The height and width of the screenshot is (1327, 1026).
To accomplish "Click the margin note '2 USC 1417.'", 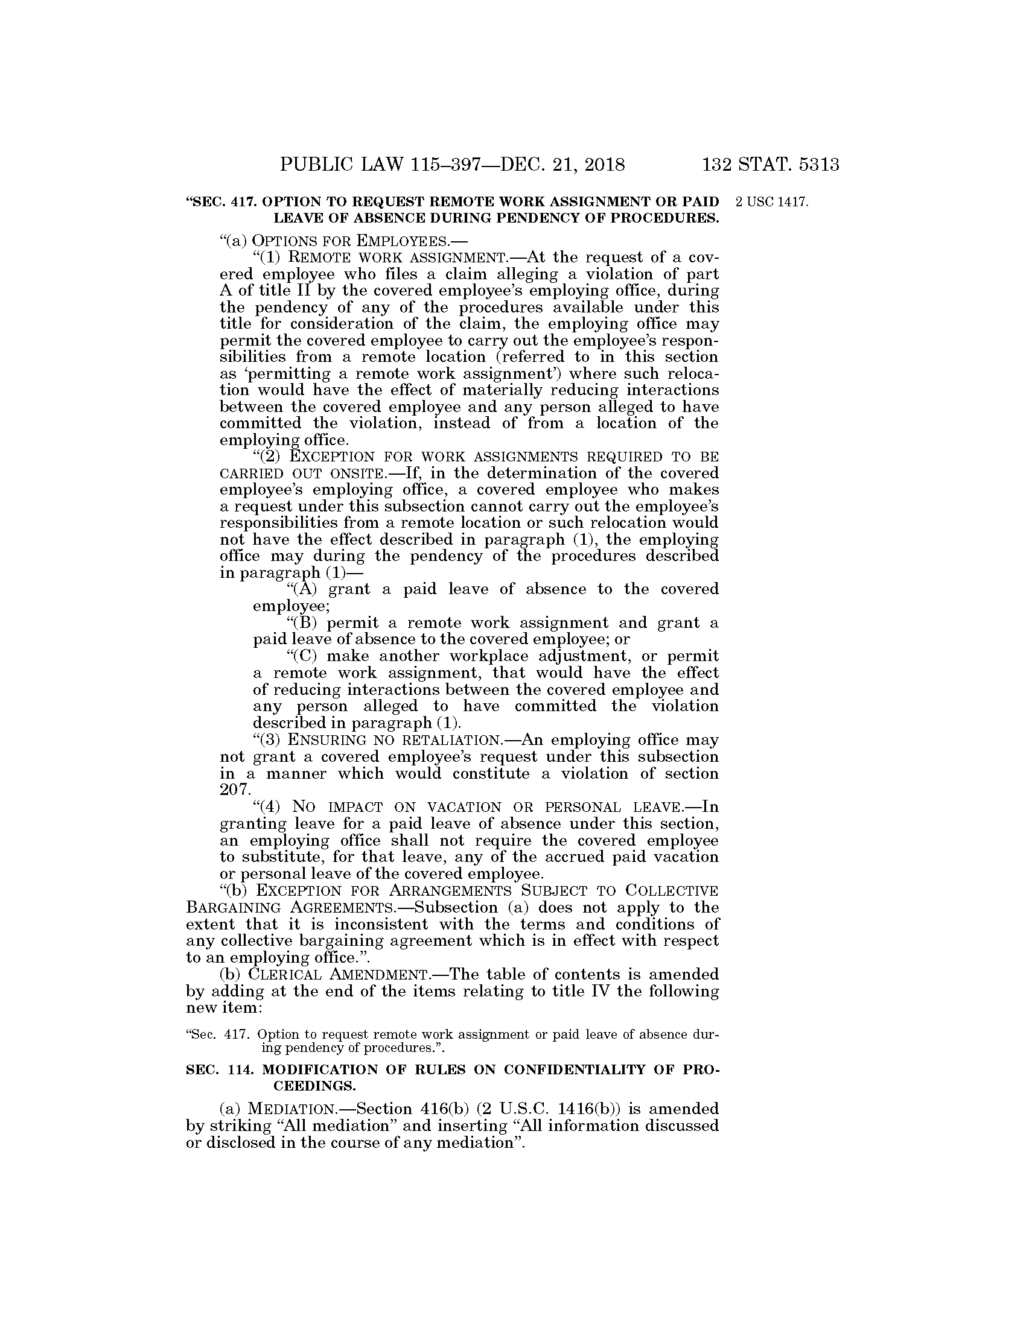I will (x=771, y=202).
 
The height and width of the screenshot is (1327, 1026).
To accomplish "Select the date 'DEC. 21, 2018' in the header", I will (x=562, y=165).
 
